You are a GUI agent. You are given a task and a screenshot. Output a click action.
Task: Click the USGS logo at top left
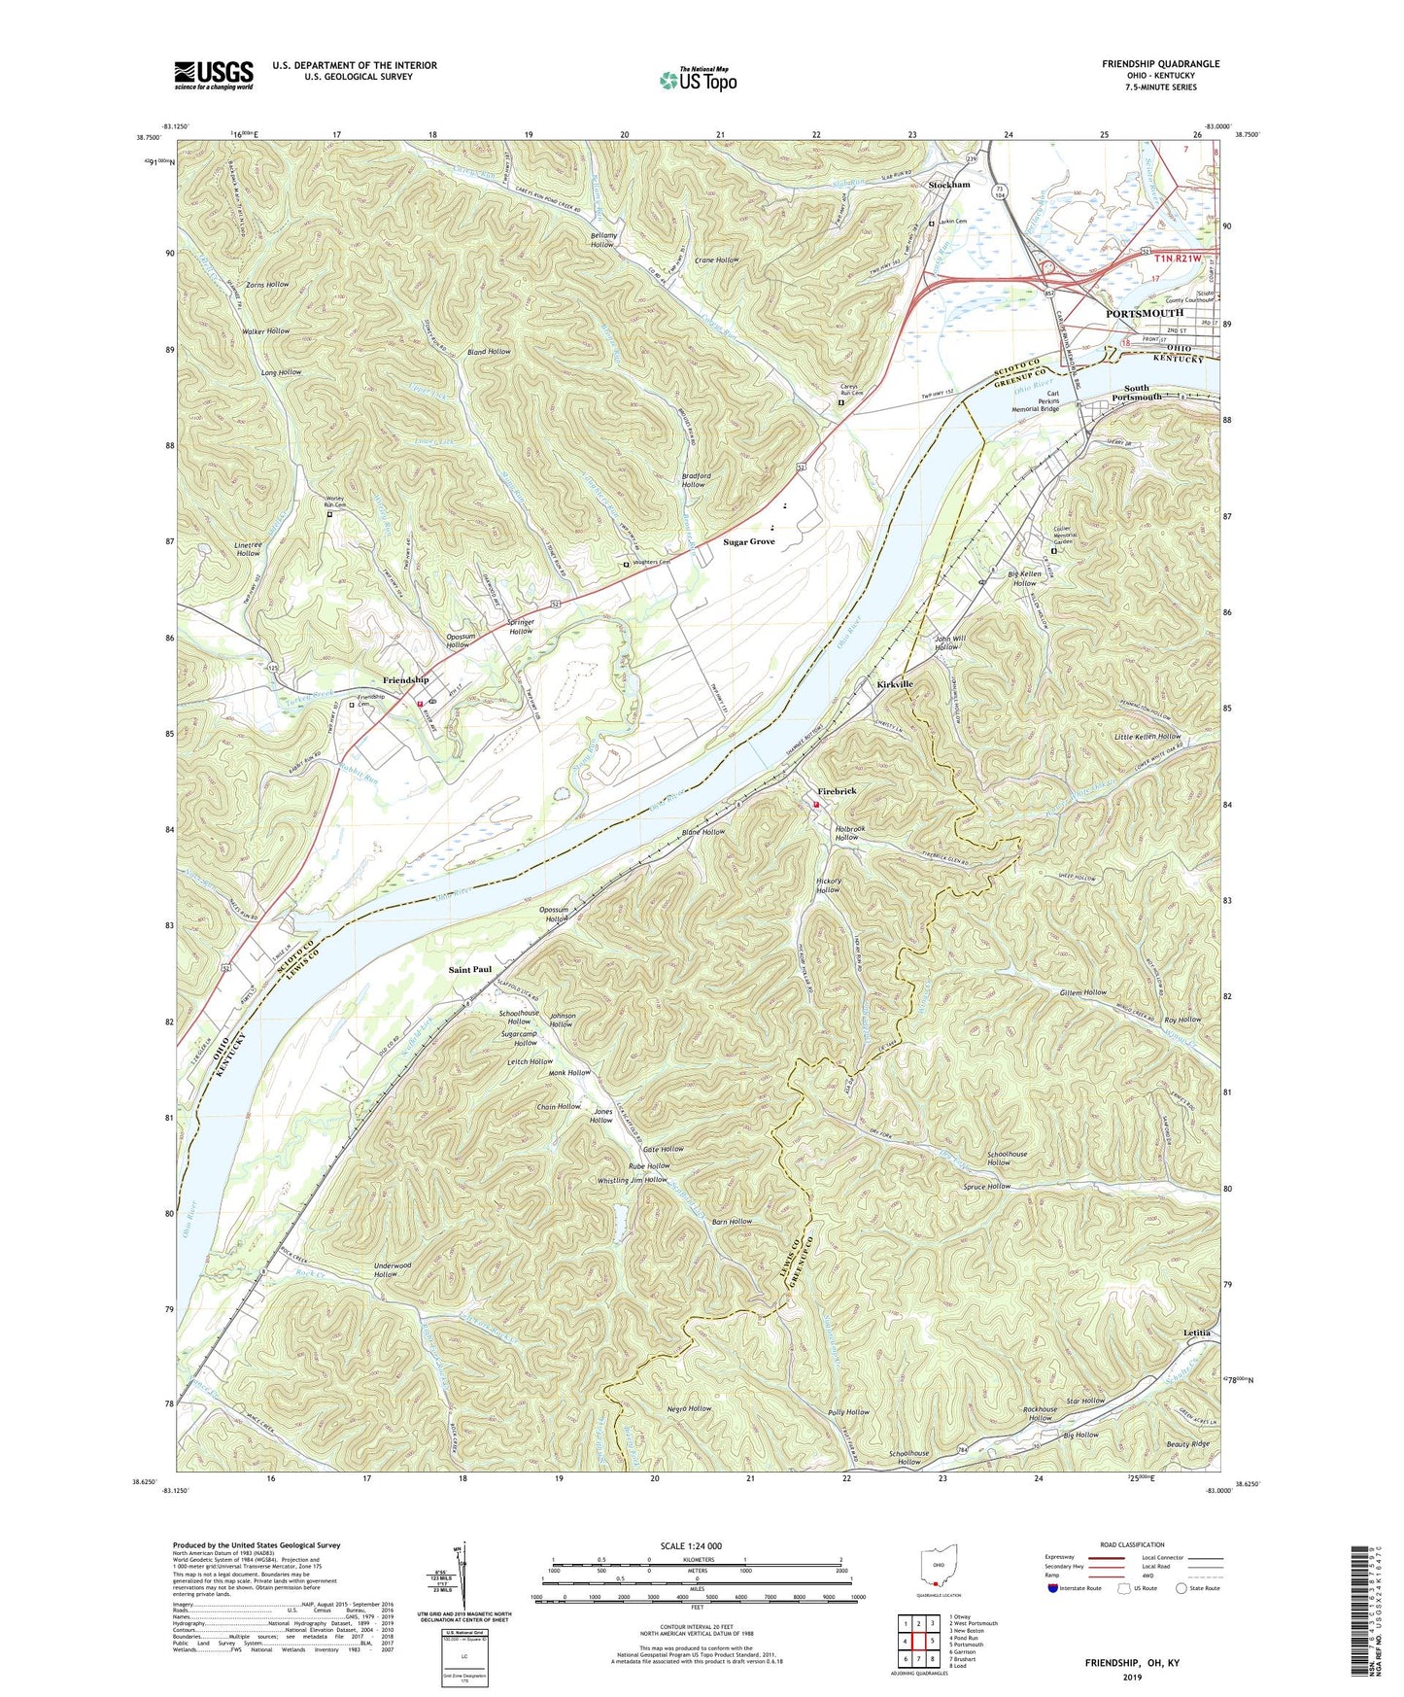click(x=214, y=75)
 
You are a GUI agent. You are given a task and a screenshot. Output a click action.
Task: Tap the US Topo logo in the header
click(x=698, y=81)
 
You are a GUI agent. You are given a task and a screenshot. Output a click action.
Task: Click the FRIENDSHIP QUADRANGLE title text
click(x=1160, y=64)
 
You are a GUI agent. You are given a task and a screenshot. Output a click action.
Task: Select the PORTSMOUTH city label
click(x=1145, y=313)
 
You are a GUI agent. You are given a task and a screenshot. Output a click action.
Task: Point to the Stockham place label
click(x=949, y=185)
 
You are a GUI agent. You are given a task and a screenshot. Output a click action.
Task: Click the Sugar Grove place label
click(x=749, y=541)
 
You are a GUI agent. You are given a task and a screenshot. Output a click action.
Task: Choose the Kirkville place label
click(x=895, y=684)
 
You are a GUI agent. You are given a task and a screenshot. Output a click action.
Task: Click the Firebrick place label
click(x=837, y=791)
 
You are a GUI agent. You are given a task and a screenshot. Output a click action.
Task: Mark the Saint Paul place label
click(x=470, y=969)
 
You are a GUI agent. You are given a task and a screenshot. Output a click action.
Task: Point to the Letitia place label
click(x=1197, y=1332)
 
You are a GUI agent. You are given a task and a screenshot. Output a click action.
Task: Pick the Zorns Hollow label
click(x=267, y=285)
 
